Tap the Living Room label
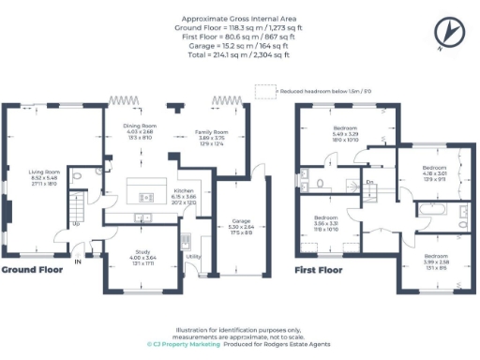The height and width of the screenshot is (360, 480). (45, 172)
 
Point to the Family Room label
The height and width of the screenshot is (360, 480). (210, 133)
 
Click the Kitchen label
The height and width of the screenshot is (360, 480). (183, 189)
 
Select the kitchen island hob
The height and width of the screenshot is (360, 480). (145, 197)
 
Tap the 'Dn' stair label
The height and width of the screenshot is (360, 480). (370, 182)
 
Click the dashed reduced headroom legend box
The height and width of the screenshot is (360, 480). (266, 91)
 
